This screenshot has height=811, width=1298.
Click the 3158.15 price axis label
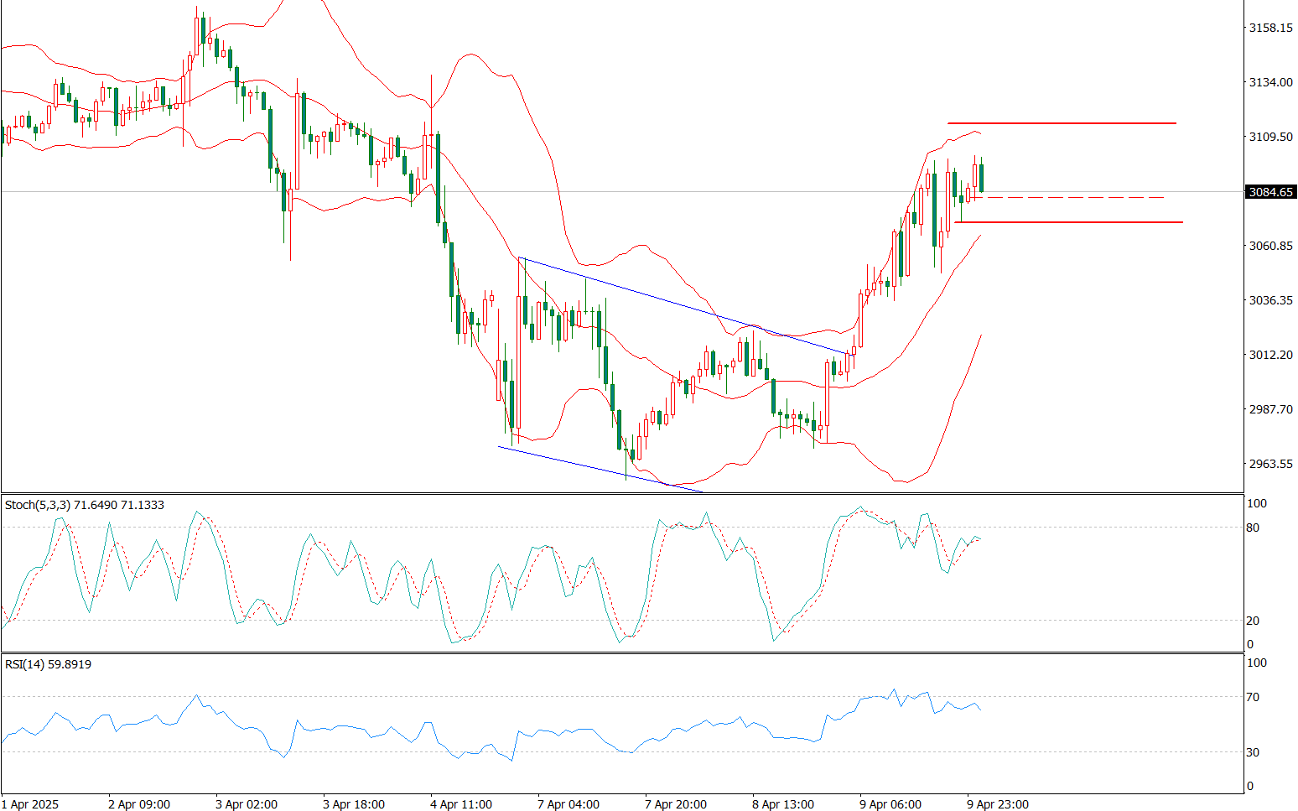click(1270, 29)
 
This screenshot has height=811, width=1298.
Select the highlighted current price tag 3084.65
click(1271, 192)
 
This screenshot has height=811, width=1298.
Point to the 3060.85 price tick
click(1270, 246)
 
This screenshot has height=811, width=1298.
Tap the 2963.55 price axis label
click(1270, 464)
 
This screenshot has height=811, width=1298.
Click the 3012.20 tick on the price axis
click(1270, 355)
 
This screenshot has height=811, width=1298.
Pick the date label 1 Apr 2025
click(30, 804)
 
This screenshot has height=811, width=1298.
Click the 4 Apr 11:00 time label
click(460, 804)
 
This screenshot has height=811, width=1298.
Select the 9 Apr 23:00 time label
click(997, 804)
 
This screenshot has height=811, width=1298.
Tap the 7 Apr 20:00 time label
click(675, 804)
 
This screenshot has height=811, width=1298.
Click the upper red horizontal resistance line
click(1062, 123)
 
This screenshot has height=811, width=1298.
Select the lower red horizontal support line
click(1069, 222)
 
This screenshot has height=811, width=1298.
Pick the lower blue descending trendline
click(600, 469)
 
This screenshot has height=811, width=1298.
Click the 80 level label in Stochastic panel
click(1253, 528)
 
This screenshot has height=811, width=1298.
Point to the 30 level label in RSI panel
click(1253, 752)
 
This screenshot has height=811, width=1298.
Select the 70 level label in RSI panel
click(1253, 697)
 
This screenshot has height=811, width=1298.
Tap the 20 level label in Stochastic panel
click(1253, 621)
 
